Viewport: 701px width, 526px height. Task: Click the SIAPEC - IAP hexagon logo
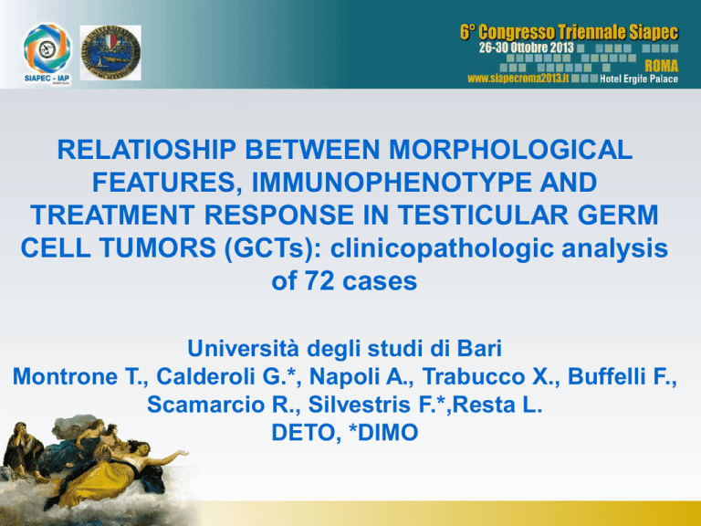(47, 49)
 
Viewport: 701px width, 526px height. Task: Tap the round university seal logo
(110, 53)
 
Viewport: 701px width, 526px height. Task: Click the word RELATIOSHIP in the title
(147, 150)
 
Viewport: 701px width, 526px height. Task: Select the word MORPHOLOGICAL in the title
(510, 150)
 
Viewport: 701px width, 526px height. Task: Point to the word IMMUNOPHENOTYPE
(392, 182)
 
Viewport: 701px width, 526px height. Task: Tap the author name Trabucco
(473, 376)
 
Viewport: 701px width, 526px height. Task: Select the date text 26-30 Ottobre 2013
(526, 47)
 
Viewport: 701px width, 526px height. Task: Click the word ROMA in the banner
(661, 66)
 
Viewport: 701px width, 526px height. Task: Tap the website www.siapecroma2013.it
(518, 79)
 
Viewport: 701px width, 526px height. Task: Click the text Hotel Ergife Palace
(639, 79)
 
